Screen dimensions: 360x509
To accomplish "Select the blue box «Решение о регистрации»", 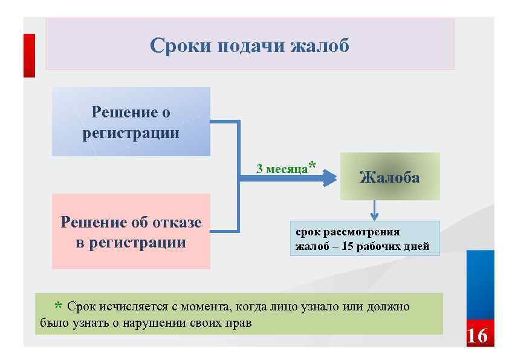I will tap(131, 122).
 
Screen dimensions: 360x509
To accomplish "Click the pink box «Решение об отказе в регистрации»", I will tap(131, 231).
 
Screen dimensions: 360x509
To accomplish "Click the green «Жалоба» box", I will tap(389, 177).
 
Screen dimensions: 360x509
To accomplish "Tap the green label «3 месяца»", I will tap(282, 169).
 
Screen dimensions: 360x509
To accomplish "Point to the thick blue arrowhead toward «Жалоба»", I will tap(329, 178).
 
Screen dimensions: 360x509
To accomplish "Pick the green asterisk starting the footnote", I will tap(58, 306).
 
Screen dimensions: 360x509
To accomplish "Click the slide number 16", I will tap(477, 336).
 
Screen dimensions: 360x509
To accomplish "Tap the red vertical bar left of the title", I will tap(29, 56).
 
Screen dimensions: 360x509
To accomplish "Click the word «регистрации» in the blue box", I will tap(131, 133).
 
